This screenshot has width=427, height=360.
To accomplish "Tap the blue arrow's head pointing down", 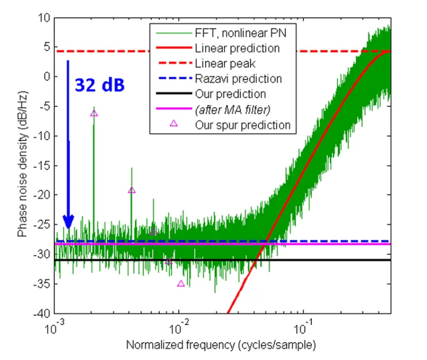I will click(68, 221).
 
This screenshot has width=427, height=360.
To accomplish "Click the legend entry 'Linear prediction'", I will click(237, 49).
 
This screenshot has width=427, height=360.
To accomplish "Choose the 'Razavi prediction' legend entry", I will click(239, 79).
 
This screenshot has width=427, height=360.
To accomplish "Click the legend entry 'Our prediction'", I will click(230, 94).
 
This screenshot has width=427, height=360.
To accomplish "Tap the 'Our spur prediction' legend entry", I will click(243, 125).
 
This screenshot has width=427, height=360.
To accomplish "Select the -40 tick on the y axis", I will click(41, 313).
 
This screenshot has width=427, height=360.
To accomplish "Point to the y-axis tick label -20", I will click(41, 195).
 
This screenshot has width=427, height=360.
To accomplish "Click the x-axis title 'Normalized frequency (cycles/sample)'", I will click(221, 344).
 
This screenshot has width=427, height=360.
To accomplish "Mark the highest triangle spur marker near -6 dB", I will click(94, 113).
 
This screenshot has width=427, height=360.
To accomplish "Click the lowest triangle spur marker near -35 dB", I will click(181, 283).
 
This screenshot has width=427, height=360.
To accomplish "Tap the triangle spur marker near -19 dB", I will click(131, 190).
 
